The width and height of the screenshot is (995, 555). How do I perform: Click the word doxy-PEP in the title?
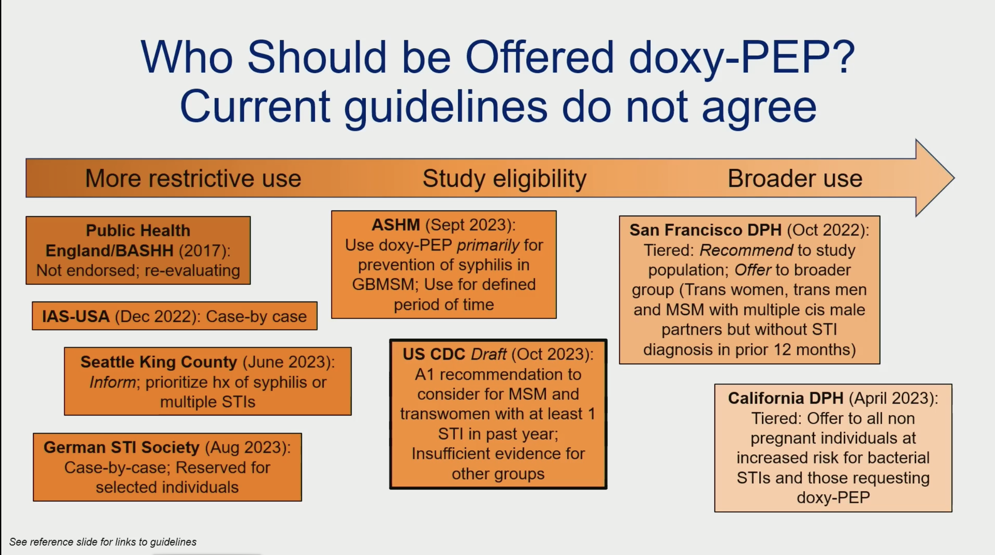click(x=742, y=57)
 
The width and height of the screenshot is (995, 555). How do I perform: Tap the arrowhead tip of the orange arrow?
click(x=954, y=178)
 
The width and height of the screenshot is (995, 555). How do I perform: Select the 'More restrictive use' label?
click(x=193, y=178)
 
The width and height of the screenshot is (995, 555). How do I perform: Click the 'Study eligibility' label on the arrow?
click(x=504, y=179)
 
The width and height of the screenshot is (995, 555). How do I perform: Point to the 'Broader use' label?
click(x=795, y=178)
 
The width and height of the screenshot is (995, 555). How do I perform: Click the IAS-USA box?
click(x=175, y=316)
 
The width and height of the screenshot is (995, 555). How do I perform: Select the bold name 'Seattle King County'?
click(x=159, y=362)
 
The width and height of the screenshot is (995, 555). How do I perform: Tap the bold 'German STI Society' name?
click(x=121, y=447)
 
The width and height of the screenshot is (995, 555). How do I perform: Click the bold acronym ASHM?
click(x=396, y=225)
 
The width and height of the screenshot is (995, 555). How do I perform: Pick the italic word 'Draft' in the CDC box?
click(x=489, y=354)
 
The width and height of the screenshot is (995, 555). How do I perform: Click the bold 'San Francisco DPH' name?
click(x=705, y=230)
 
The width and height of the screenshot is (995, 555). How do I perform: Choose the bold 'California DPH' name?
click(x=785, y=398)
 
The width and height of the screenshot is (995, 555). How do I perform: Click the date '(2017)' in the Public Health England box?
click(x=204, y=251)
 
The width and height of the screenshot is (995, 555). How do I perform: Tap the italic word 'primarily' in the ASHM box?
click(x=488, y=245)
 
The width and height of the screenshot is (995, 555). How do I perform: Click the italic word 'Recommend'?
click(x=746, y=250)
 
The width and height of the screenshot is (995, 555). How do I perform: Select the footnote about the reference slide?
click(x=103, y=542)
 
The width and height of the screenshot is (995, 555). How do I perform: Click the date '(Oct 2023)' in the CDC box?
click(x=552, y=354)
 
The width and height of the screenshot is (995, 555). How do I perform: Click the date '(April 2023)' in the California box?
click(x=893, y=399)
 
